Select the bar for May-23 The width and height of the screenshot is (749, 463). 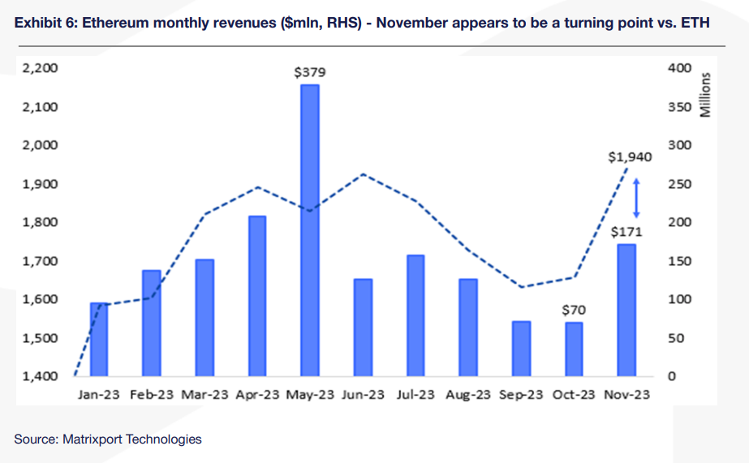309,230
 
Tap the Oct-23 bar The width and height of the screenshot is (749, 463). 574,349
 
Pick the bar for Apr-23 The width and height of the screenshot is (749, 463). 257,296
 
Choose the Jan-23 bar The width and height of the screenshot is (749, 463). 99,339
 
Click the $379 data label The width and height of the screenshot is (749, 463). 309,72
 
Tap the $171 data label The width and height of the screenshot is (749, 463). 626,233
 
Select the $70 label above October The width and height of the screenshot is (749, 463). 573,310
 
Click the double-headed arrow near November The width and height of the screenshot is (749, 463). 637,197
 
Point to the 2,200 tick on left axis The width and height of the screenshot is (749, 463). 41,68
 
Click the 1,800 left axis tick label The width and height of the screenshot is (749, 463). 41,222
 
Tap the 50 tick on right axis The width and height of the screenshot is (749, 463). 675,338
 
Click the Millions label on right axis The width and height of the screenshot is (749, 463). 705,95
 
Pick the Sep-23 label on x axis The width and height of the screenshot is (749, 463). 520,395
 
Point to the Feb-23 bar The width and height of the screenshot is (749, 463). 152,323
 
